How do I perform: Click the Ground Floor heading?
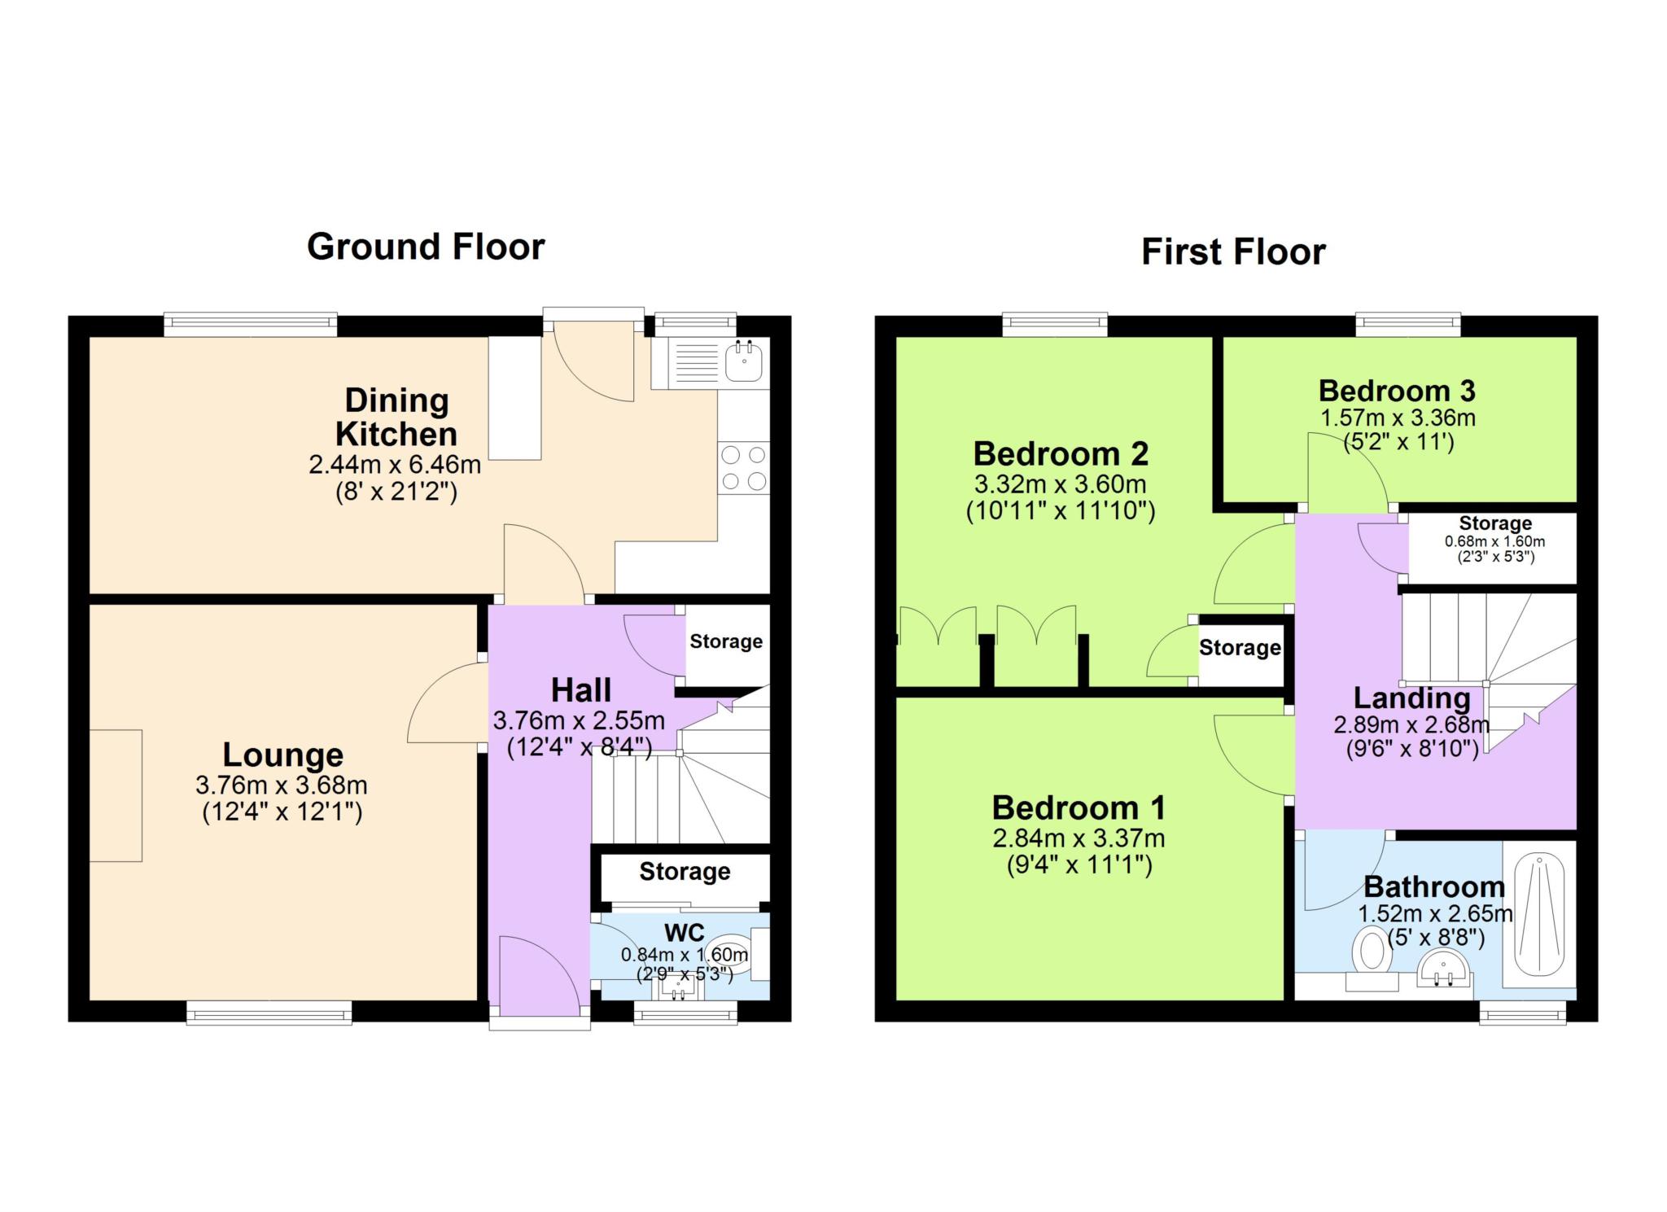pyautogui.click(x=426, y=247)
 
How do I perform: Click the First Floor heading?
pyautogui.click(x=1233, y=252)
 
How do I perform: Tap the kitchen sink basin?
pyautogui.click(x=745, y=361)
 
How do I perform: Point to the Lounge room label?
pyautogui.click(x=283, y=755)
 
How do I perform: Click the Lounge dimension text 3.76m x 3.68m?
pyautogui.click(x=282, y=785)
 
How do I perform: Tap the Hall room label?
pyautogui.click(x=580, y=690)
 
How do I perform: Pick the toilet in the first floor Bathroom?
pyautogui.click(x=1372, y=958)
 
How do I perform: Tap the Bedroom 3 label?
pyautogui.click(x=1397, y=391)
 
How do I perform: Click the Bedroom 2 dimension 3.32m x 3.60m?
pyautogui.click(x=1060, y=484)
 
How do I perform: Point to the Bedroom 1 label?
pyautogui.click(x=1079, y=808)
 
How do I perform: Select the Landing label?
pyautogui.click(x=1411, y=698)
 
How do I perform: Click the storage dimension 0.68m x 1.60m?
pyautogui.click(x=1494, y=541)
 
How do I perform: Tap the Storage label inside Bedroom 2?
pyautogui.click(x=1240, y=648)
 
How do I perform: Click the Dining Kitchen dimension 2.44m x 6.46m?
pyautogui.click(x=395, y=466)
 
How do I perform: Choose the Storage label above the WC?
pyautogui.click(x=685, y=872)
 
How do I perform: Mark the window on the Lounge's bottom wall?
pyautogui.click(x=269, y=1013)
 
